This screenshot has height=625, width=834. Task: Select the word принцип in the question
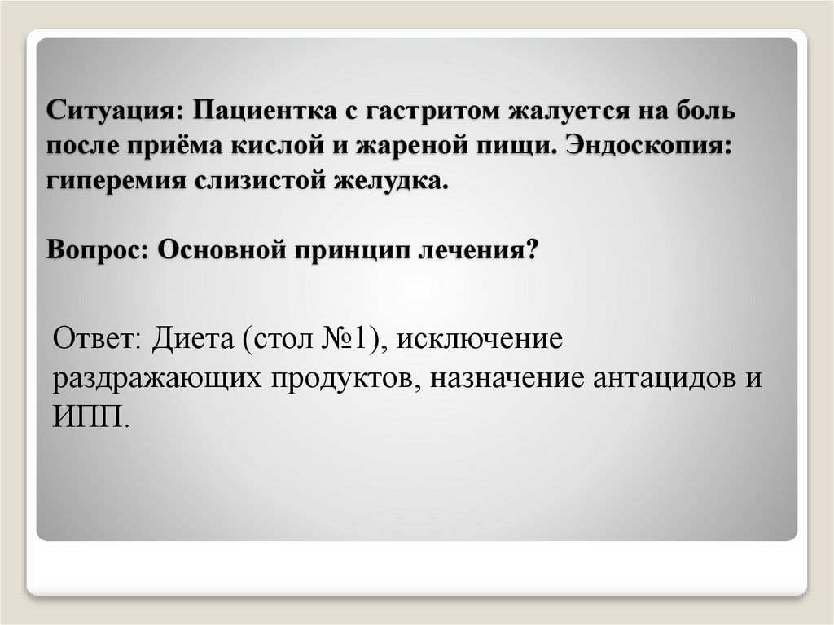[x=347, y=250]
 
